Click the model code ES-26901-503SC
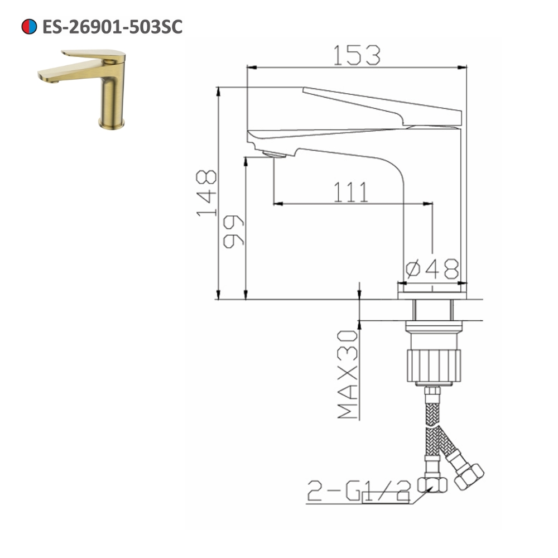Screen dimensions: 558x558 click(x=112, y=26)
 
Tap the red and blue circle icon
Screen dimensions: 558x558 click(x=28, y=26)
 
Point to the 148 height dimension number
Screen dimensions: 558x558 click(x=207, y=193)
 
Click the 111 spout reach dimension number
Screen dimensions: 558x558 click(x=352, y=193)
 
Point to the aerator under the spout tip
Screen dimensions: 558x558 click(x=273, y=155)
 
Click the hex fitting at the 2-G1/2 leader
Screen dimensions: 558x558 click(x=435, y=483)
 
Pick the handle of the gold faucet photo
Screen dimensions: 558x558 click(x=95, y=55)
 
